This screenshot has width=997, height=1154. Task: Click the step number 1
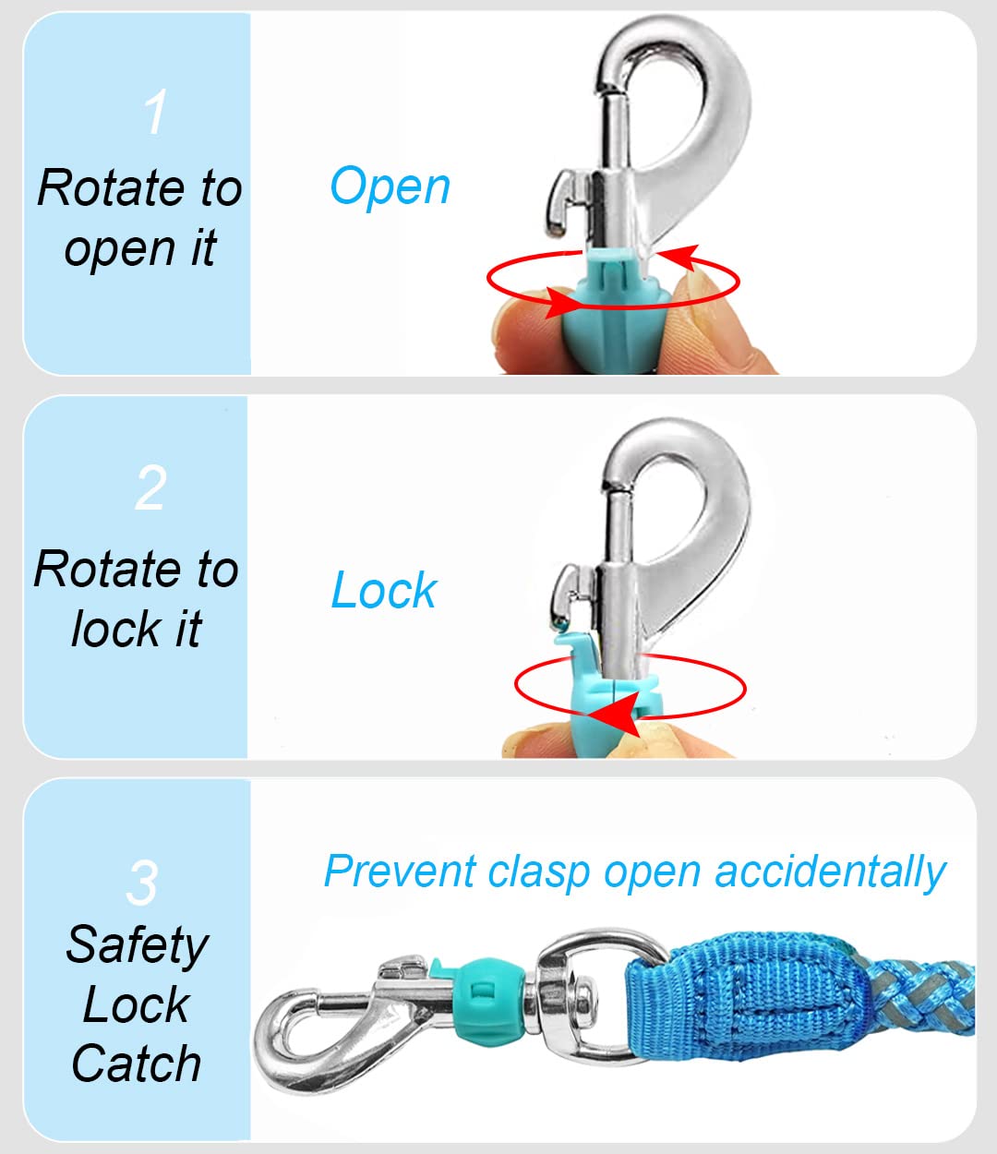[x=155, y=113]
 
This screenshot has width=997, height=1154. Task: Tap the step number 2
[x=150, y=487]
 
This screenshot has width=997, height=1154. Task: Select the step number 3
[x=142, y=883]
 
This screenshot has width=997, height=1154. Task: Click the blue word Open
[x=390, y=186]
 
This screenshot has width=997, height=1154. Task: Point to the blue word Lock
[x=383, y=591]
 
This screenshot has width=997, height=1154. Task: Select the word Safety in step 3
[x=137, y=945]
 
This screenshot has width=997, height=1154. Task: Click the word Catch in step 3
[x=137, y=1064]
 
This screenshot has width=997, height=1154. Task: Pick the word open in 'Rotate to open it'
[x=120, y=249]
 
